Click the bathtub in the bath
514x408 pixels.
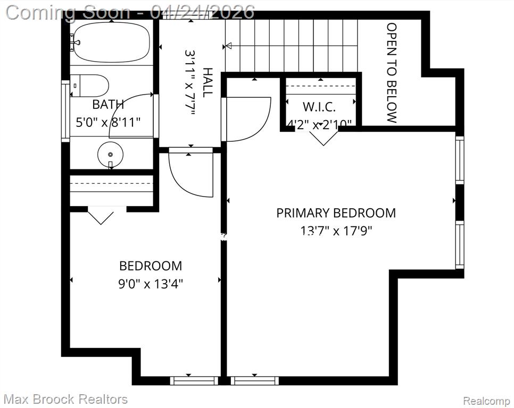coord(111,42)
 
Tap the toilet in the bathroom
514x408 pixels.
coord(89,86)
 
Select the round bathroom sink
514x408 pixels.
coord(111,155)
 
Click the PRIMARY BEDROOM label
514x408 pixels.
coord(336,213)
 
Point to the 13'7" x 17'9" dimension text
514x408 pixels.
coord(336,231)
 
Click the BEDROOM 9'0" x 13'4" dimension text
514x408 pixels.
coord(151,284)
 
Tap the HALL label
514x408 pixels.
coord(208,82)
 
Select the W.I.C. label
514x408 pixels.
coord(319,107)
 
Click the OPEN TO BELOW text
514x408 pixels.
coord(392,73)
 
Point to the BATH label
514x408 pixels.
coord(108,105)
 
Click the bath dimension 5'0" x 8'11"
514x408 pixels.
coord(108,123)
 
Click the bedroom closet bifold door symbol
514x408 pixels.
coord(101,218)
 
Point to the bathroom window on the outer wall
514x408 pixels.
coord(65,111)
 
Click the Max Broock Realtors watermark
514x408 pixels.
coord(65,399)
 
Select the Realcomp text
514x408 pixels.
coord(486,401)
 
